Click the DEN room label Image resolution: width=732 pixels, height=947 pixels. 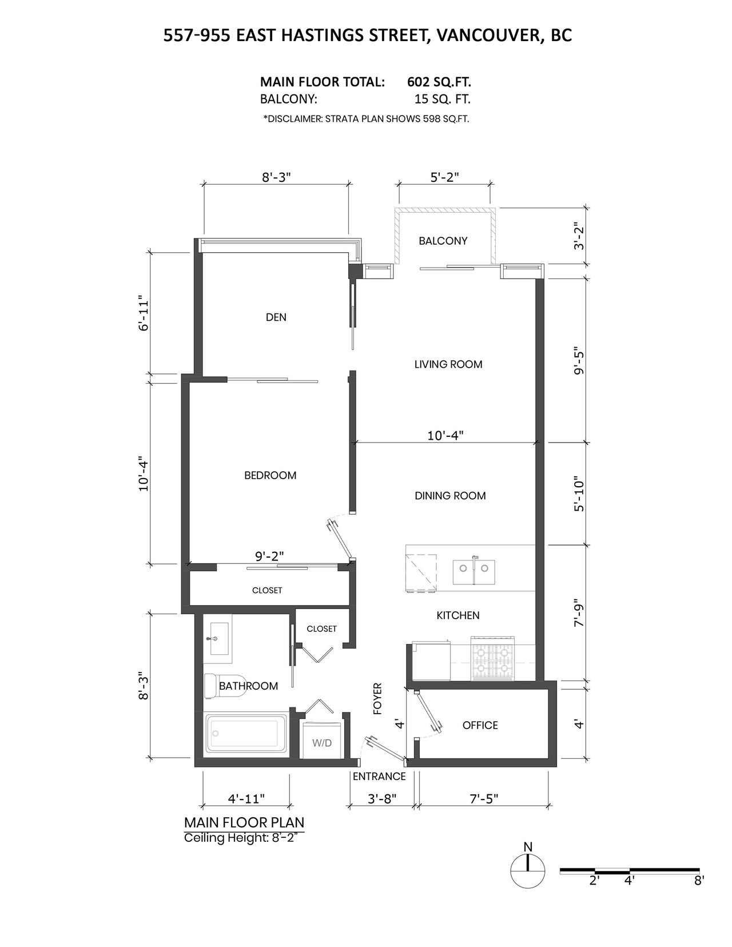tap(276, 317)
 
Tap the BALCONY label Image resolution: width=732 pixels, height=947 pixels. tap(443, 241)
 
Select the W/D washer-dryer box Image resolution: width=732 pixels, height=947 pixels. tap(321, 741)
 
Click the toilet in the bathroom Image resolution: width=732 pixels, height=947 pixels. tap(222, 686)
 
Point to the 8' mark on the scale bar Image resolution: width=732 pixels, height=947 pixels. tap(699, 881)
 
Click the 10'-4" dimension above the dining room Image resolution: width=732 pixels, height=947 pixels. tap(445, 435)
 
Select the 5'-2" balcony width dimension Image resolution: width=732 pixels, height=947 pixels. tap(444, 177)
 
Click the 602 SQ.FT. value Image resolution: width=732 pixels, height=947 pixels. tap(439, 82)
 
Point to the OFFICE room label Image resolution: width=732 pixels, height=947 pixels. tap(480, 725)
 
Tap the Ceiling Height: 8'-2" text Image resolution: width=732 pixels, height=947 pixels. tap(243, 838)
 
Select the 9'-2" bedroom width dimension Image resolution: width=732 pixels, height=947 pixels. tap(269, 556)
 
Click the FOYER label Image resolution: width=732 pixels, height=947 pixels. tap(377, 699)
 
